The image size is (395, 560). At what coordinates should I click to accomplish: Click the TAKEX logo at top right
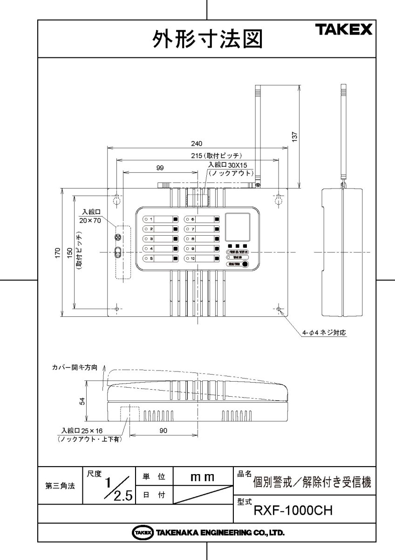[345, 30]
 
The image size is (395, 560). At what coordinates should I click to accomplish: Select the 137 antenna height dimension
[294, 135]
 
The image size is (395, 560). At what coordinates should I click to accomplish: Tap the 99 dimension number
[160, 168]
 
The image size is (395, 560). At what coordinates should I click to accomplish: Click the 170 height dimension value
[58, 252]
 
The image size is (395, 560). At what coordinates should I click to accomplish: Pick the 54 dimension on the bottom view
[82, 402]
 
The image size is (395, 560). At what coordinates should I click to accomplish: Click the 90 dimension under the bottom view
[163, 431]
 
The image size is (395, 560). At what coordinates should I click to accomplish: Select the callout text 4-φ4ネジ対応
[325, 333]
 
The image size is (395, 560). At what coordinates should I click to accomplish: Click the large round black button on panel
[245, 264]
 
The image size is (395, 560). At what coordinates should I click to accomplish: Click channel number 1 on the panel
[151, 219]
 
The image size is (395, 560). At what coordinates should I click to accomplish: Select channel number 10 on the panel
[192, 258]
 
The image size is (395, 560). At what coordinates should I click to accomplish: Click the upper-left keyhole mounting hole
[117, 199]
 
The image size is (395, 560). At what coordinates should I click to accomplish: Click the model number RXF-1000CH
[293, 510]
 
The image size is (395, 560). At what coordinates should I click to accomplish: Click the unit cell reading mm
[202, 477]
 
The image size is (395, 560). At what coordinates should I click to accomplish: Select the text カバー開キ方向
[75, 368]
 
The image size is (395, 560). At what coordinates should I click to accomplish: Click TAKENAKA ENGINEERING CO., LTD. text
[219, 532]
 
